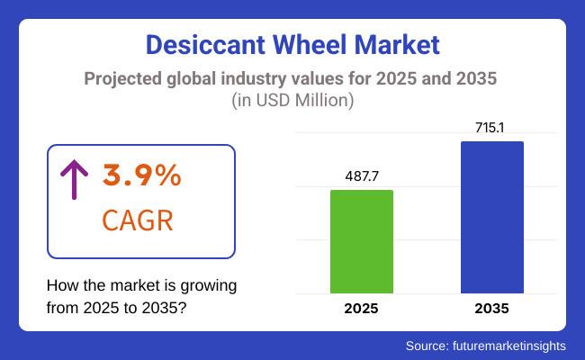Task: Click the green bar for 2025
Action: coord(362,241)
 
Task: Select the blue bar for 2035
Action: coord(491,217)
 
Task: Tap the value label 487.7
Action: coord(362,176)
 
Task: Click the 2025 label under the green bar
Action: coord(362,309)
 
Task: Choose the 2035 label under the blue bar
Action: coord(491,309)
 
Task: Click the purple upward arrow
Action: coord(73,181)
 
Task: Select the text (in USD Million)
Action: coord(292,101)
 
